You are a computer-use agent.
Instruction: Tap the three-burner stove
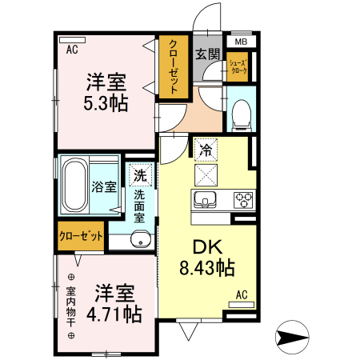click(x=243, y=199)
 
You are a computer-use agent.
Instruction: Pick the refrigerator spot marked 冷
click(x=205, y=149)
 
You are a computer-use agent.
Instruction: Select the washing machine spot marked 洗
click(x=139, y=174)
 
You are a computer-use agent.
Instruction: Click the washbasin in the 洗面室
click(x=142, y=238)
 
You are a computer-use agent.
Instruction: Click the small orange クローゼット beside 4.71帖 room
click(x=81, y=237)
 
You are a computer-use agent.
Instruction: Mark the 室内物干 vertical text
click(x=71, y=307)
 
